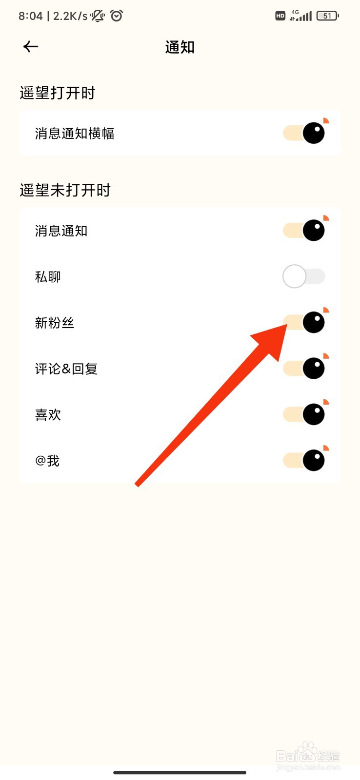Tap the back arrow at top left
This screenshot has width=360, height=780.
(31, 47)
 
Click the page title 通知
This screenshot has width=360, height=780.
(180, 47)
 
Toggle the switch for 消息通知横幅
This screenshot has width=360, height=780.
(304, 133)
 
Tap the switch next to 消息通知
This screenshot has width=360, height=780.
(304, 231)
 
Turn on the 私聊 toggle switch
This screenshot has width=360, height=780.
(303, 276)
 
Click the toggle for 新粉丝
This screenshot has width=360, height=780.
(304, 322)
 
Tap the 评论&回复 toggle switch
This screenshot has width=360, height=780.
(304, 369)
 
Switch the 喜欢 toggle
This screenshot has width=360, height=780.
(304, 414)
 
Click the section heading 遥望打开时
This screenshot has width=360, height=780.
(58, 93)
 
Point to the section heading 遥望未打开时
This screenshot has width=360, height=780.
(65, 190)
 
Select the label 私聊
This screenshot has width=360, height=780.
(48, 277)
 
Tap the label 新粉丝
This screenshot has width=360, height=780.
(54, 323)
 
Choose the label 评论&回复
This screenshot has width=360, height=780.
(66, 369)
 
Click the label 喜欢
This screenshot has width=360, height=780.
(48, 415)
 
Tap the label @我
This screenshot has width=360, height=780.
(47, 461)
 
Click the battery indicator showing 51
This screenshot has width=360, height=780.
(327, 16)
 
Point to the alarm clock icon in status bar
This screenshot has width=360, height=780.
(117, 16)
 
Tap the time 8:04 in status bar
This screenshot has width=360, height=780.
(31, 16)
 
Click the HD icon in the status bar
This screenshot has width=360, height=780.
(280, 16)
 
